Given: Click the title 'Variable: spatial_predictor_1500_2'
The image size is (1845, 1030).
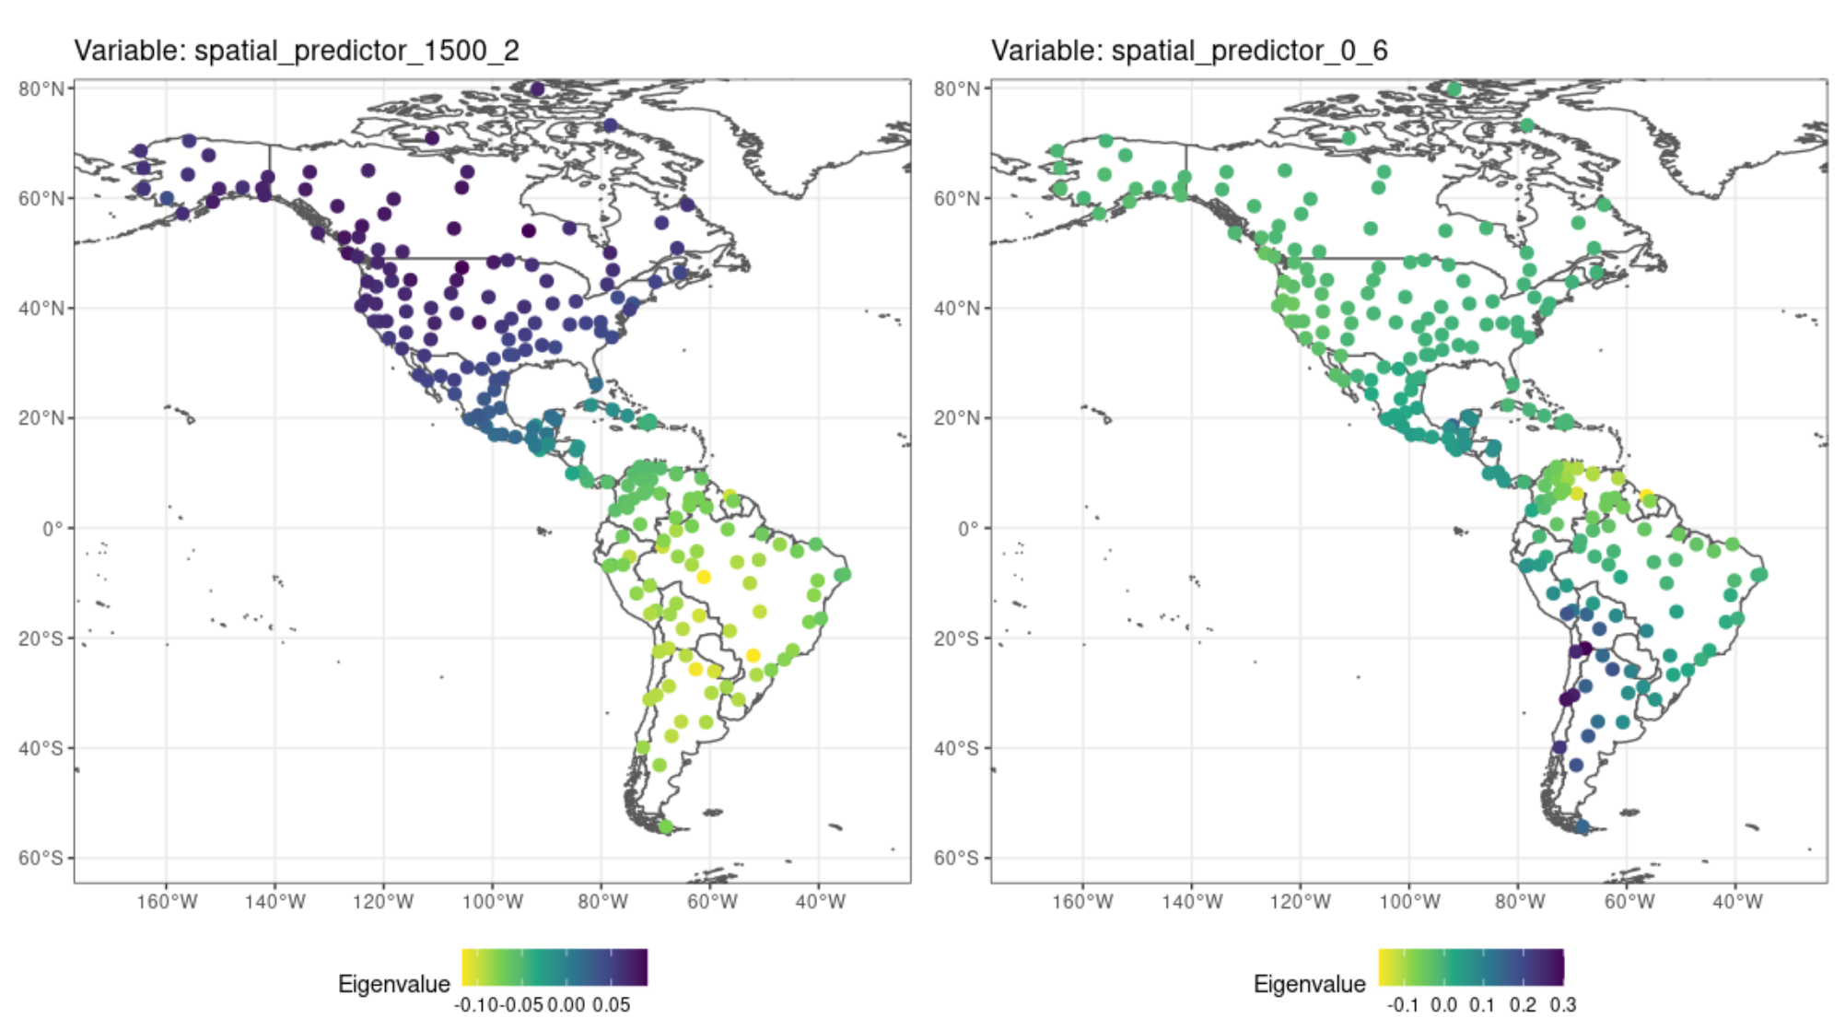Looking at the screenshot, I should click(x=297, y=51).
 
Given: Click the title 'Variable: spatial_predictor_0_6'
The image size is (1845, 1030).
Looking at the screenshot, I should click(x=1189, y=51).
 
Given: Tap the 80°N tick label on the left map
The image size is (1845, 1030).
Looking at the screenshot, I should click(x=41, y=88).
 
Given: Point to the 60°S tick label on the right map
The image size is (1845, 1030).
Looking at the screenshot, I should click(x=957, y=859).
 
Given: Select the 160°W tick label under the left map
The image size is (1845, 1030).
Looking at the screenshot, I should click(x=167, y=902).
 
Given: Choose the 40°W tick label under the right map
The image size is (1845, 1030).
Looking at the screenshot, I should click(x=1736, y=902).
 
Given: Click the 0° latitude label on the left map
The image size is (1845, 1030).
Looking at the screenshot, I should click(x=53, y=529).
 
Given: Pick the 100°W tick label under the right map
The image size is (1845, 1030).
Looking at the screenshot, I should click(x=1409, y=902).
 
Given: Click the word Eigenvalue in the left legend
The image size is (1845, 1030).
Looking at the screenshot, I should click(x=393, y=984).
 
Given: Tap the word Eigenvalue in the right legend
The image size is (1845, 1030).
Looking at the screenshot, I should click(x=1309, y=984).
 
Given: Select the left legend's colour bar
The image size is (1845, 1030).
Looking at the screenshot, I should click(x=555, y=967).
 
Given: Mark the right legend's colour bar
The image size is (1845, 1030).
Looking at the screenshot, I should click(x=1471, y=967).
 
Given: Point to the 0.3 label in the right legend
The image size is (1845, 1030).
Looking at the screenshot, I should click(x=1562, y=1004).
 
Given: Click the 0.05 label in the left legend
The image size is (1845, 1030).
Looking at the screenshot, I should click(x=611, y=1004).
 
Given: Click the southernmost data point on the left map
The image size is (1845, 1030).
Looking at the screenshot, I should click(x=666, y=826).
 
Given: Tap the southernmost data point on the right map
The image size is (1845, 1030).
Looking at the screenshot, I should click(x=1582, y=827).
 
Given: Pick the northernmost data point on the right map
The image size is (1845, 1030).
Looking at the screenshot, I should click(x=1454, y=89).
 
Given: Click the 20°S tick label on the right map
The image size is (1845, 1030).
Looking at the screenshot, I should click(x=957, y=638).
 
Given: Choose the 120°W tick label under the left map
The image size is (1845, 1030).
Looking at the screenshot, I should click(x=383, y=902).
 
